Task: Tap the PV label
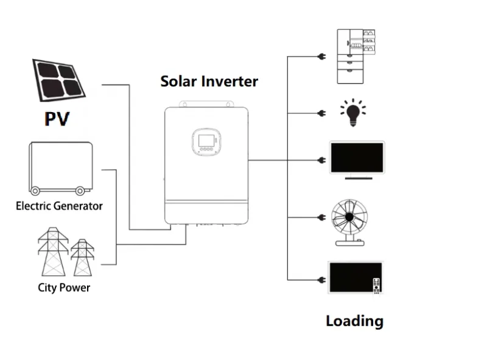pos(57,118)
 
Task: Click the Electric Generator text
pos(59,205)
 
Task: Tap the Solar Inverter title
pos(209,81)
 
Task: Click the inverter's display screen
pos(205,141)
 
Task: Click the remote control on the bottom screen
pos(376,285)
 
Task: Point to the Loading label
pos(354,321)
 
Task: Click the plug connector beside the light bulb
pos(320,113)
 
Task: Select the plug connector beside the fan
pos(320,217)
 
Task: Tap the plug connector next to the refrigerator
pos(320,57)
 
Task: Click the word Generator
pos(77,205)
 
